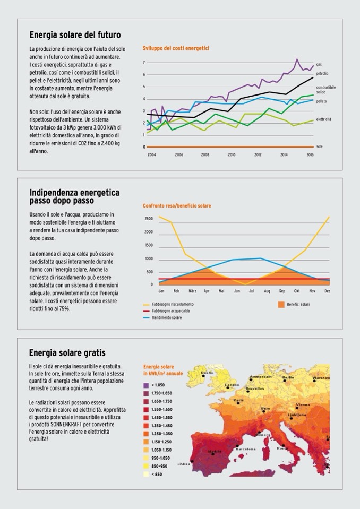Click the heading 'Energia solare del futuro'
[x=75, y=35]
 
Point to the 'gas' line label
[x=319, y=64]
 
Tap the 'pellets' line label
[x=321, y=101]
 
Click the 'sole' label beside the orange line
[x=319, y=146]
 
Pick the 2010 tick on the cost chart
[x=232, y=154]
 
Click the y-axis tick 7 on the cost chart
[x=144, y=63]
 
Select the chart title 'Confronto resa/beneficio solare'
[x=177, y=205]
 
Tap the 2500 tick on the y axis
[x=148, y=218]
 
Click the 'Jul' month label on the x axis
[x=251, y=291]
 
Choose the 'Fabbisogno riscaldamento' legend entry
[x=173, y=304]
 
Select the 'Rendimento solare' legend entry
[x=167, y=317]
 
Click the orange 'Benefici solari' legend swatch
[x=281, y=305]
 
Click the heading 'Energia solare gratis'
[x=67, y=352]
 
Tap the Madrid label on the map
[x=215, y=452]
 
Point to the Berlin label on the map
[x=288, y=377]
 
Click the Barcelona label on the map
[x=245, y=448]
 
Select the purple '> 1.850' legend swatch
[x=146, y=384]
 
